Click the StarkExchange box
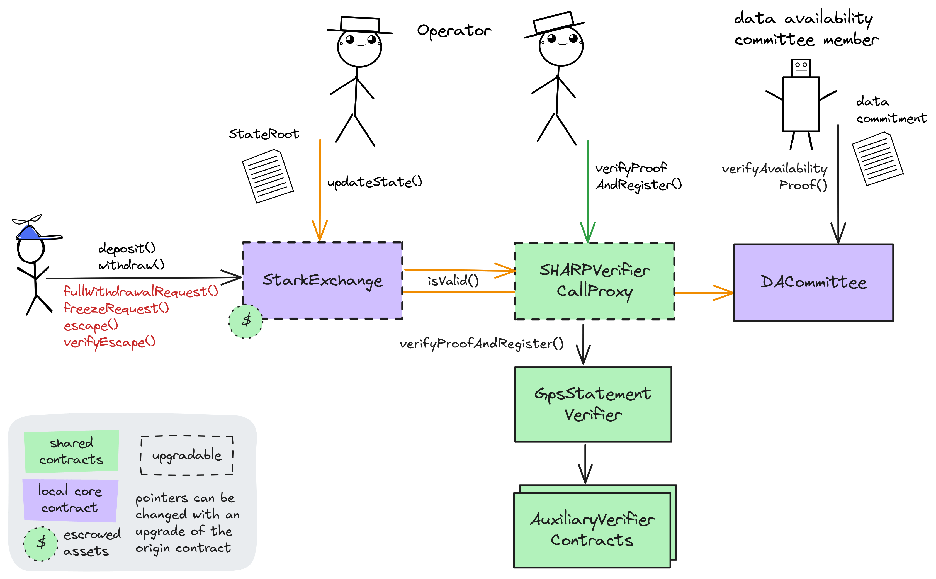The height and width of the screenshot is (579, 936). tap(322, 280)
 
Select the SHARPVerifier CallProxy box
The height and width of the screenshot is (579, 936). tap(594, 281)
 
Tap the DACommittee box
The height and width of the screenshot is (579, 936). tap(813, 282)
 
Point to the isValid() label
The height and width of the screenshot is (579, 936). tap(453, 281)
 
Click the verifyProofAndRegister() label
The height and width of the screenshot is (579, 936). tap(482, 344)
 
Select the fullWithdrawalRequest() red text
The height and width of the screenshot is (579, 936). tap(140, 291)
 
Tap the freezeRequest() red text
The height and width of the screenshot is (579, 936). tap(116, 308)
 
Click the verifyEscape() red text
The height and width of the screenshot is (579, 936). tap(110, 342)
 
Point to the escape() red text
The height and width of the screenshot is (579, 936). tap(91, 325)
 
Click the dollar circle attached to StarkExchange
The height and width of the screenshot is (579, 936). tap(246, 321)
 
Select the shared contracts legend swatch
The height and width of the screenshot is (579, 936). tap(72, 451)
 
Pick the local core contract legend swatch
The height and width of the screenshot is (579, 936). tap(70, 500)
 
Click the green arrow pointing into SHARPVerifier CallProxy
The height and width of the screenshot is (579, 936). tap(588, 191)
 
